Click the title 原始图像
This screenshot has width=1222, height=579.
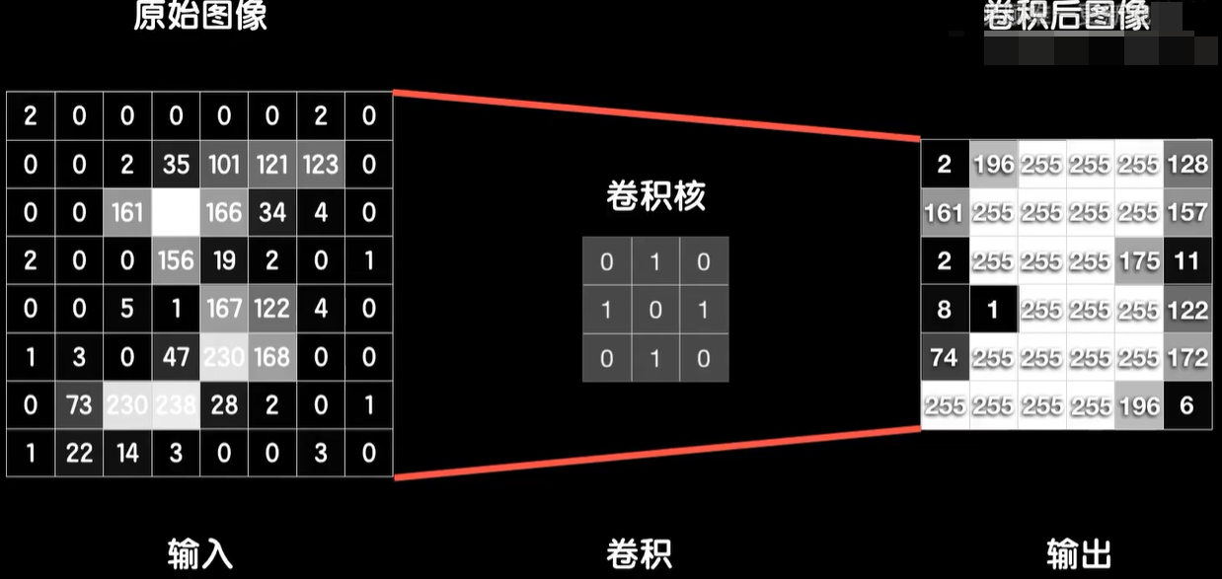pos(200,18)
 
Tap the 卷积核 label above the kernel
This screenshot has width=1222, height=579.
pos(655,197)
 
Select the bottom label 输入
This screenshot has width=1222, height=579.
pos(200,553)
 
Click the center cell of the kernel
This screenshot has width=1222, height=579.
pos(655,310)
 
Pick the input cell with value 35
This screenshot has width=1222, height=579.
pos(176,164)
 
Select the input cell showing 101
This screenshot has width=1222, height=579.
pos(224,164)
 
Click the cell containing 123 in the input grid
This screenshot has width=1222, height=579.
pos(321,164)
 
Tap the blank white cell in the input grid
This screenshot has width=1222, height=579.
pos(176,212)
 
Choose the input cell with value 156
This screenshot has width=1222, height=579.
pos(176,260)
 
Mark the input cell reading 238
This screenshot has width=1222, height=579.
pos(176,405)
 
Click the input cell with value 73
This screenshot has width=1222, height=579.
pos(79,405)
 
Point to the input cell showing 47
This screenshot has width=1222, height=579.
pos(176,357)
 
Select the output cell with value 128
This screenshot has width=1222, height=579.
pos(1187,164)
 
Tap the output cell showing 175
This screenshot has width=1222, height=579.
pos(1139,260)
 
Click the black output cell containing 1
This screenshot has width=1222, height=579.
pos(993,309)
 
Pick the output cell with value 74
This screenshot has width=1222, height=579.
pos(945,357)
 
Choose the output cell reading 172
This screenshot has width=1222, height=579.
pos(1187,357)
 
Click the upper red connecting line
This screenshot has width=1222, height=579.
pos(655,116)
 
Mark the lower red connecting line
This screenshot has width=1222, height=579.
pos(655,453)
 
